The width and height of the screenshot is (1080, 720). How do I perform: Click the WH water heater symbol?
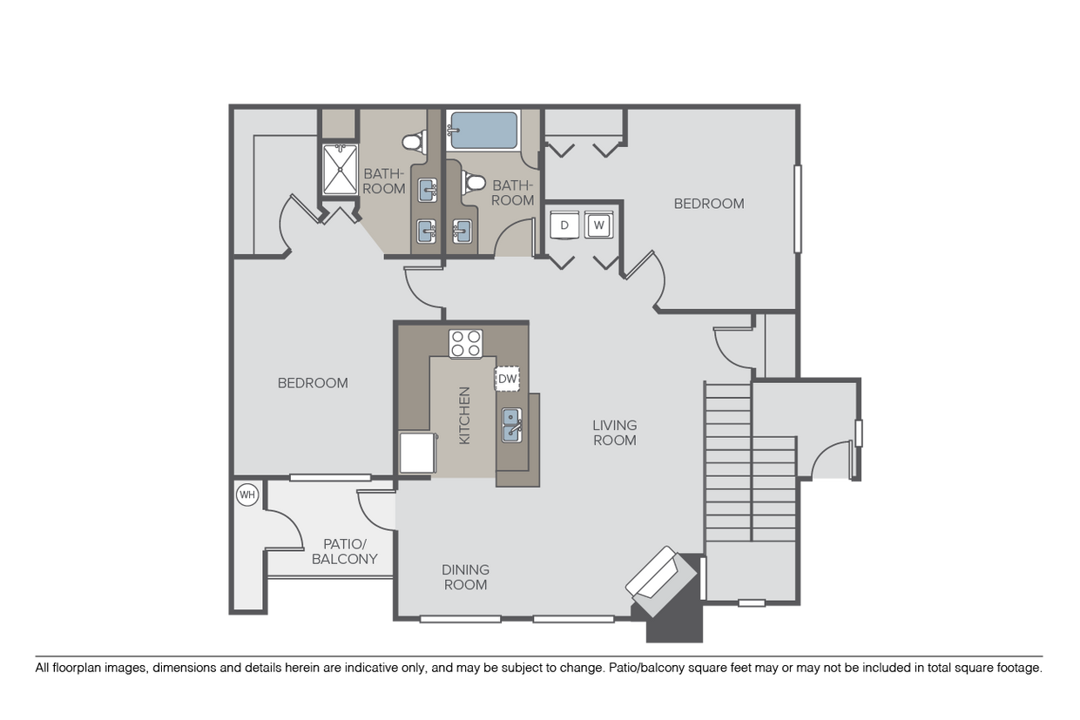(248, 495)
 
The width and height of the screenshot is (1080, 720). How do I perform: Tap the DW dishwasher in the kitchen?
(507, 378)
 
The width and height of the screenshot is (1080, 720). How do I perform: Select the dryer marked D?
(564, 225)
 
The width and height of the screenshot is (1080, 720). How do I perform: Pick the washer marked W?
(598, 225)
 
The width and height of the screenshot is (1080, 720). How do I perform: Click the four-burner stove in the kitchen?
(465, 343)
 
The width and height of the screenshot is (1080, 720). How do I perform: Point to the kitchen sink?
(510, 427)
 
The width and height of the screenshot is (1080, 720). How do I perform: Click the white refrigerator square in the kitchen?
(415, 453)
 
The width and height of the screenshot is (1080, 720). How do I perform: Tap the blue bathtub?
(483, 131)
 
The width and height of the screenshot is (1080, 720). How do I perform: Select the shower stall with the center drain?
(340, 170)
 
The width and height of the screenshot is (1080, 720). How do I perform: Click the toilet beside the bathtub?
(474, 183)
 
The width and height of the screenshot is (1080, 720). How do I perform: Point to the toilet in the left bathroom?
(413, 139)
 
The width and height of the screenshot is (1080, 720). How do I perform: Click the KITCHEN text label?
(464, 415)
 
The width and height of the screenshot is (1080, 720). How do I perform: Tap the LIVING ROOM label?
(615, 433)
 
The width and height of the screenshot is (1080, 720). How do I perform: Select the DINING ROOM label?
(465, 576)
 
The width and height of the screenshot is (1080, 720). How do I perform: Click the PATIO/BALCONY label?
(344, 551)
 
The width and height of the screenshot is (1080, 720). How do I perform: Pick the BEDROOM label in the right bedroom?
(709, 204)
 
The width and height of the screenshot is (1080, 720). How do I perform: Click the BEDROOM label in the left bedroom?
(313, 383)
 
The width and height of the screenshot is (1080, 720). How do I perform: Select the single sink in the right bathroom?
(462, 231)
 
